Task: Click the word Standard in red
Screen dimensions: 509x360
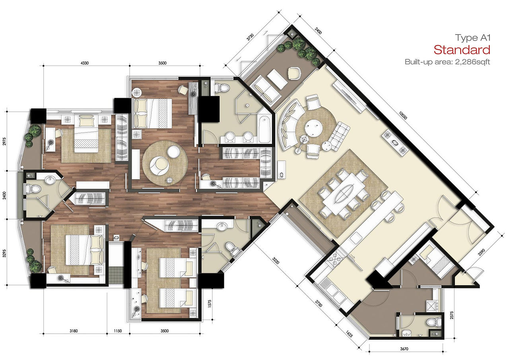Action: coord(462,50)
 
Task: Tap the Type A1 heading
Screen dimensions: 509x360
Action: coord(473,38)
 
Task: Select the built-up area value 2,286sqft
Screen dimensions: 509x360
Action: coord(472,62)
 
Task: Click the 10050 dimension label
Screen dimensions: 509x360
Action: coord(402,115)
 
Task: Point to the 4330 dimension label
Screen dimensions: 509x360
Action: coord(85,63)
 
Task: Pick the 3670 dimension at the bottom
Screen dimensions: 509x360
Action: coord(404,349)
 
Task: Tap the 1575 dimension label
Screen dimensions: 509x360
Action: coord(210,304)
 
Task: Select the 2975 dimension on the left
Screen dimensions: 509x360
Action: coord(4,141)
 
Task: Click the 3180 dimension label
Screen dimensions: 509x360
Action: coord(74,331)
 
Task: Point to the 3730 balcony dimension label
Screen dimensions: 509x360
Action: coord(250,37)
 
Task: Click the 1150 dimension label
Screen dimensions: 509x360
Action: coord(118,331)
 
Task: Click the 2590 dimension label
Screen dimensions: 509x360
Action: coord(482,252)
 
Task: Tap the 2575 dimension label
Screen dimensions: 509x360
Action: coord(451,315)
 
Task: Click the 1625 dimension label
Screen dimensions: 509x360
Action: coord(349,334)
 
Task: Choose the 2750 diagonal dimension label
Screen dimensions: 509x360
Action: coord(319,303)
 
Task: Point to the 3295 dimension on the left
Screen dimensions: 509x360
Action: coord(4,254)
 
